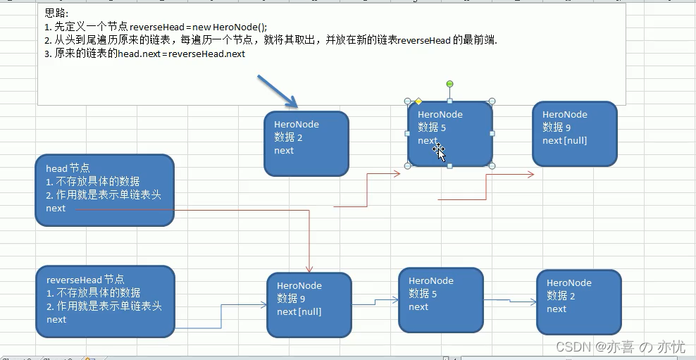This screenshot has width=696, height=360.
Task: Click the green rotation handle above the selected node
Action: pos(449,84)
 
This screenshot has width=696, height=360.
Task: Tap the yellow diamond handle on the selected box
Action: pos(418,101)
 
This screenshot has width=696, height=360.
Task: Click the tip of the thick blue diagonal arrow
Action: pos(297,107)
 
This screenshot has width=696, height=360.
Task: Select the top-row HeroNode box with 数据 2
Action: pos(306,144)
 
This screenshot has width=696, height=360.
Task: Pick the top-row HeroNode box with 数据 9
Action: pos(575,134)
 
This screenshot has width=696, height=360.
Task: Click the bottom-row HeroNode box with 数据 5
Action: pos(441,300)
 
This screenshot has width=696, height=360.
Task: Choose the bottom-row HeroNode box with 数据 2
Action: pos(579,302)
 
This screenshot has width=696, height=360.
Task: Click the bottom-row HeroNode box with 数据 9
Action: pos(309,305)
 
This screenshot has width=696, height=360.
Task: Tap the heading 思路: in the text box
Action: pos(57,13)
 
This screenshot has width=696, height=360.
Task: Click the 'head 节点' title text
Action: pos(68,168)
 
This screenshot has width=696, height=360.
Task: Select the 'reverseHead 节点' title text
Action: pos(85,280)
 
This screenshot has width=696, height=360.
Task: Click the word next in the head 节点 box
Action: pos(56,209)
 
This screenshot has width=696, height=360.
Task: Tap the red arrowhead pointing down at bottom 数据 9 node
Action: pos(309,269)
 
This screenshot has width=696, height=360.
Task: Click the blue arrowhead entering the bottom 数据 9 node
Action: pos(263,305)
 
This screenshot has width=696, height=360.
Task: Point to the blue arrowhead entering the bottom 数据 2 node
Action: pos(533,302)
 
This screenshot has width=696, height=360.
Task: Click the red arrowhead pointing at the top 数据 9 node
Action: pos(530,175)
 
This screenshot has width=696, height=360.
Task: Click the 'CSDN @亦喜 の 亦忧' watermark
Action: pos(621,346)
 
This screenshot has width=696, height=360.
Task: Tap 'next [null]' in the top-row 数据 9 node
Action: pos(564,141)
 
